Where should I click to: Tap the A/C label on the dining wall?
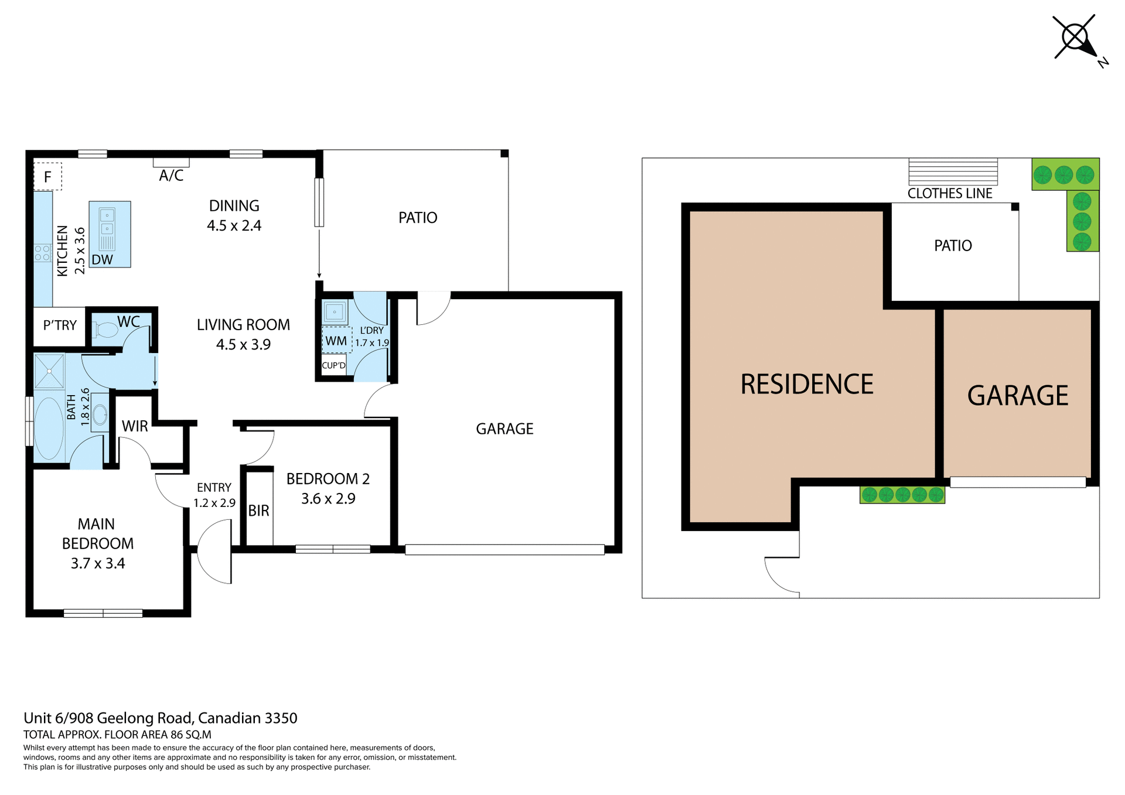[x=171, y=176]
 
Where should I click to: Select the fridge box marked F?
[x=47, y=176]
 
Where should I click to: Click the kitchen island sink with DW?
[x=110, y=234]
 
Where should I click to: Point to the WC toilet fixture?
[x=105, y=331]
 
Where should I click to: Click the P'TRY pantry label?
[x=60, y=325]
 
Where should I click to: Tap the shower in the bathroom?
[x=49, y=371]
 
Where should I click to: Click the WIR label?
[x=135, y=426]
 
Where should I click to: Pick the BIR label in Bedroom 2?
[x=258, y=510]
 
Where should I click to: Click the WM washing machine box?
[x=336, y=341]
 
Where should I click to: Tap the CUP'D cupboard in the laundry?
[x=334, y=365]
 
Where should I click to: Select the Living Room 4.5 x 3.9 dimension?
[x=243, y=344]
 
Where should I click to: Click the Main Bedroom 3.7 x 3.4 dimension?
[x=98, y=563]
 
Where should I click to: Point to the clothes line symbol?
[x=953, y=172]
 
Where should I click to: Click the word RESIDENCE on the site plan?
[x=807, y=385]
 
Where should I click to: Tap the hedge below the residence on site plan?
[x=902, y=495]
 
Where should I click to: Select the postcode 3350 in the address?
[x=281, y=718]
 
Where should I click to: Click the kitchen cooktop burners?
[x=43, y=253]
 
